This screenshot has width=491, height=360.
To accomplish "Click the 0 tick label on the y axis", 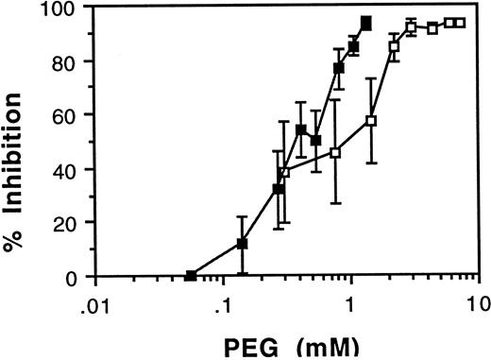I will coord(76,278).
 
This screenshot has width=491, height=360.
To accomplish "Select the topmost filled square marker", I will coord(366,22).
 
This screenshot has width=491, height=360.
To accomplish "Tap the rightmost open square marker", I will coord(459,23).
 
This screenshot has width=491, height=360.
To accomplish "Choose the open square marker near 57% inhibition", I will coord(371,121).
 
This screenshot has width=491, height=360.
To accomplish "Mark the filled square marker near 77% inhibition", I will coord(338,67).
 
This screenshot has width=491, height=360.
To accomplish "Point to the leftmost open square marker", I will coord(284,172).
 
